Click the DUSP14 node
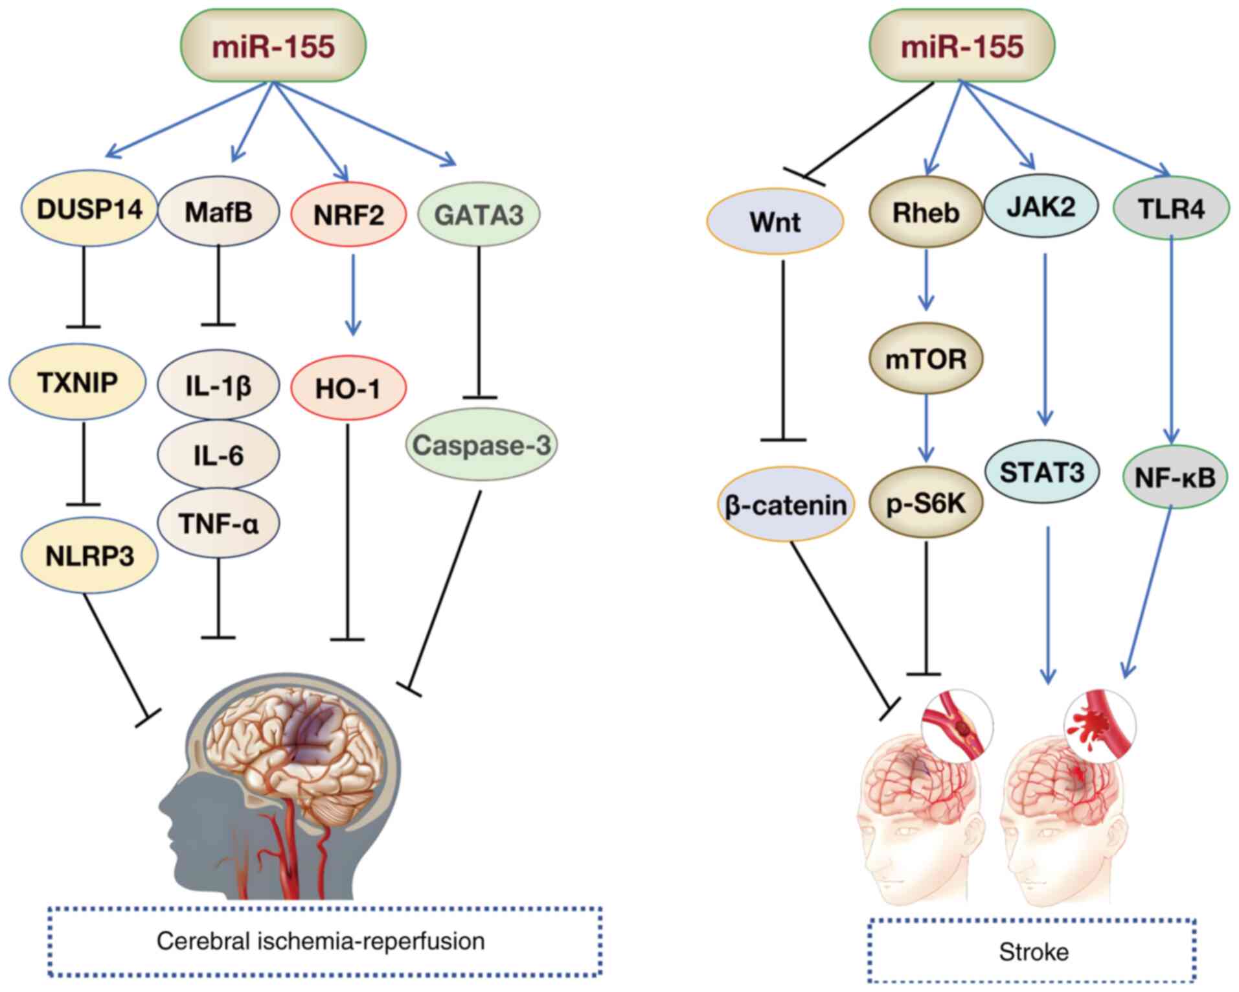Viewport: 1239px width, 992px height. click(x=89, y=210)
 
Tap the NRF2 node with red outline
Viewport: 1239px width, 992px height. click(x=348, y=214)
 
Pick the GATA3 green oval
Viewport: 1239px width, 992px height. click(x=479, y=214)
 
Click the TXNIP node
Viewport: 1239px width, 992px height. click(x=78, y=383)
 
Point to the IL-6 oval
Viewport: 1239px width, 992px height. click(x=218, y=456)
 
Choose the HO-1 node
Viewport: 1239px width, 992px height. click(x=348, y=389)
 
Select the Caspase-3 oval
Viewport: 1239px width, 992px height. click(x=481, y=445)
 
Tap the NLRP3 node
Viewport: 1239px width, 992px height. click(x=89, y=556)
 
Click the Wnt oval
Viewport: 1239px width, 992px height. click(x=775, y=222)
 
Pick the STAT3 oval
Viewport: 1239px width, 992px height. click(x=1041, y=472)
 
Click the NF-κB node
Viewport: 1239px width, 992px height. click(x=1175, y=478)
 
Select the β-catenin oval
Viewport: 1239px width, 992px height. click(x=786, y=505)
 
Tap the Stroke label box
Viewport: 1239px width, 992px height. click(x=1032, y=951)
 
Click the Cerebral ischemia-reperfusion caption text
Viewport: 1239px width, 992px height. click(x=321, y=941)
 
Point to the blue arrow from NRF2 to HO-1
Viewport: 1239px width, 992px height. click(x=352, y=295)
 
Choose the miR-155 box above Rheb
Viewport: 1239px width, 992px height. click(x=962, y=46)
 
